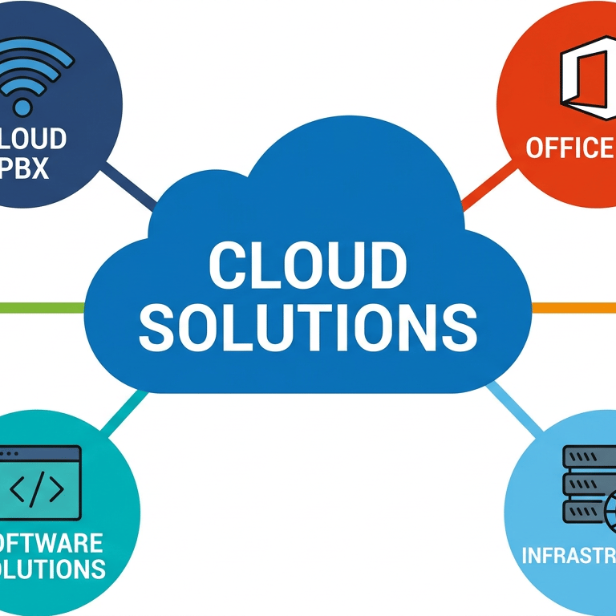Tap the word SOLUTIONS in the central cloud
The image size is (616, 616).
tap(307, 326)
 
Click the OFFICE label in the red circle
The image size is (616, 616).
tap(569, 148)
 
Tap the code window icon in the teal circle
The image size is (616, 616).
tap(40, 481)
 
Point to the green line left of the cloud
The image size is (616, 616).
tap(40, 307)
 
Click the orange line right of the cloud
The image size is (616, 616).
tap(573, 307)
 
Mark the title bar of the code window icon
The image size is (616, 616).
tap(40, 455)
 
